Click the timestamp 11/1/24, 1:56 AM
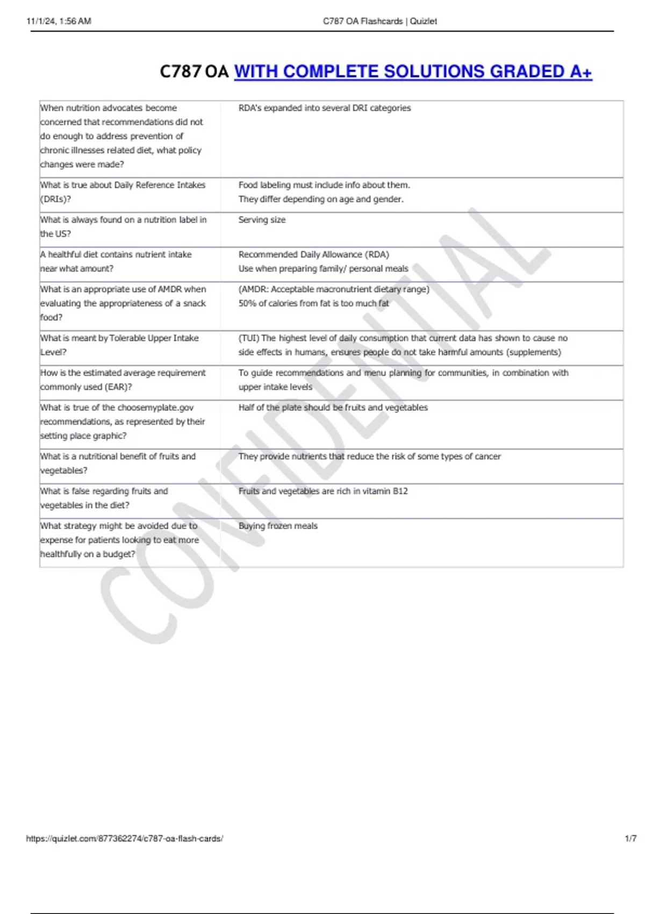tap(59, 22)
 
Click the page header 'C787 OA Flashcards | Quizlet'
tap(379, 22)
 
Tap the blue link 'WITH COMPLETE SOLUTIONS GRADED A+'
tap(413, 72)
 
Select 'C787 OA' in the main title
tap(194, 72)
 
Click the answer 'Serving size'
tap(262, 220)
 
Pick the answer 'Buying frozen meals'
tap(278, 526)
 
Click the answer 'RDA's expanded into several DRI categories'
tap(324, 108)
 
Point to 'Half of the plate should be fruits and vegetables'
tap(333, 408)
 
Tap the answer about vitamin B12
tap(323, 491)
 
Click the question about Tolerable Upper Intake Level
tap(119, 345)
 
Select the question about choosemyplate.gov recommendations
tap(122, 422)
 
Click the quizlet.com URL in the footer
tap(124, 838)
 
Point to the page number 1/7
tap(630, 838)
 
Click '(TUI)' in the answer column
tap(249, 338)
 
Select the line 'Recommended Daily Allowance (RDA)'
tap(313, 254)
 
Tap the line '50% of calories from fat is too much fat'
tap(313, 303)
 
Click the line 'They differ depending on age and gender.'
tap(321, 199)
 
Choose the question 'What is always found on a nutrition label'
tap(123, 226)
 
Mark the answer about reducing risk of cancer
tap(369, 456)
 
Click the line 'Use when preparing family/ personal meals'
tap(323, 268)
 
